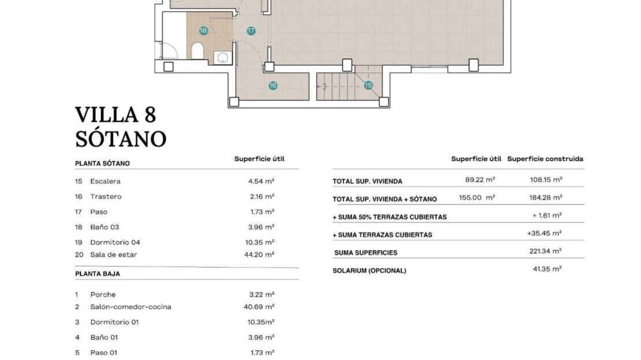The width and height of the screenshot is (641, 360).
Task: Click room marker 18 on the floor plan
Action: pyautogui.click(x=203, y=30)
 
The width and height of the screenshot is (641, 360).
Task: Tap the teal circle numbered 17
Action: pyautogui.click(x=251, y=31)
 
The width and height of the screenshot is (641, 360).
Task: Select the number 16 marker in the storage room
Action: pyautogui.click(x=273, y=86)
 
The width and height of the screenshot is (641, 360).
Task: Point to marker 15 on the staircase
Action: pyautogui.click(x=368, y=85)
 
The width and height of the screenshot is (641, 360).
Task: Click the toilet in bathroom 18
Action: pyautogui.click(x=197, y=51)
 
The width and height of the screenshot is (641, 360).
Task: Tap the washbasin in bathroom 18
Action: pyautogui.click(x=223, y=58)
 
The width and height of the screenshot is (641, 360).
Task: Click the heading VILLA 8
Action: pyautogui.click(x=115, y=114)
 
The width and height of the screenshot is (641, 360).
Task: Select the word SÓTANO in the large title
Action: pyautogui.click(x=121, y=139)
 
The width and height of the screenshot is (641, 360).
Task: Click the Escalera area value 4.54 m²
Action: pyautogui.click(x=261, y=181)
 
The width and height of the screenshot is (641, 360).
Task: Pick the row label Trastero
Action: pyautogui.click(x=106, y=196)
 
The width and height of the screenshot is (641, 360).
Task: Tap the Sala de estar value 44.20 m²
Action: pyautogui.click(x=259, y=254)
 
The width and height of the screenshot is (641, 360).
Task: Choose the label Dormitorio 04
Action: pyautogui.click(x=115, y=242)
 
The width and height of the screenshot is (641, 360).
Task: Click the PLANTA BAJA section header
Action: pyautogui.click(x=98, y=274)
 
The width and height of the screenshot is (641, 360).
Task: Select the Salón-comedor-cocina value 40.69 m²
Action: pyautogui.click(x=259, y=306)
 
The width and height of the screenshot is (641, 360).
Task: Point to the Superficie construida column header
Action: pyautogui.click(x=545, y=159)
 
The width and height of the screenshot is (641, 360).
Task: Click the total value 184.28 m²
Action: pyautogui.click(x=546, y=197)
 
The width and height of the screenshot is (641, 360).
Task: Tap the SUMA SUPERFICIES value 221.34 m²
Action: pyautogui.click(x=546, y=251)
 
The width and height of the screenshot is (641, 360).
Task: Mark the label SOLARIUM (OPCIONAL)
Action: pyautogui.click(x=370, y=270)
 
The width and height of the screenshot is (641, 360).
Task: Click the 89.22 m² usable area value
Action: pyautogui.click(x=480, y=179)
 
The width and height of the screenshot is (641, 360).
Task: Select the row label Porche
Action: pyautogui.click(x=103, y=295)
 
